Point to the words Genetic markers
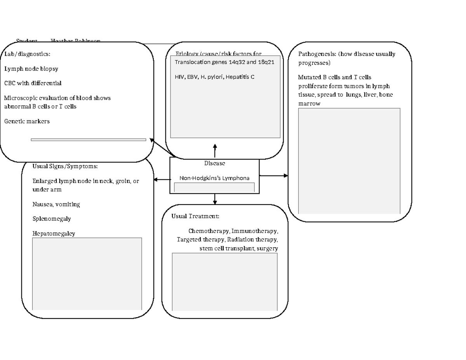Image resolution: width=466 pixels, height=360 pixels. (x=27, y=121)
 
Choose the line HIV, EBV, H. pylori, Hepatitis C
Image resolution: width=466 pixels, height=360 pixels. (x=215, y=77)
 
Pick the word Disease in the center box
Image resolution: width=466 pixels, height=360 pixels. (x=214, y=163)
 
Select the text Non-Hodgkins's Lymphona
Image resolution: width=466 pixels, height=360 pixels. (x=214, y=178)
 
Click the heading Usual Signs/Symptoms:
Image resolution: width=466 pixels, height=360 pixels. (x=65, y=166)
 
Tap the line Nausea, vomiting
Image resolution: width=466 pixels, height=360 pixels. (x=56, y=204)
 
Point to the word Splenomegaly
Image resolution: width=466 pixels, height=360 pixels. (x=52, y=218)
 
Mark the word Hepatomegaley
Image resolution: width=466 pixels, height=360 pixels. (x=54, y=233)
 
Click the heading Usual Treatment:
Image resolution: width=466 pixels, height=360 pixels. (x=195, y=216)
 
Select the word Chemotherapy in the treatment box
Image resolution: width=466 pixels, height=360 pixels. (x=209, y=231)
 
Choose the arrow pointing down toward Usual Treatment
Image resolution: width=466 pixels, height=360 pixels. (x=215, y=199)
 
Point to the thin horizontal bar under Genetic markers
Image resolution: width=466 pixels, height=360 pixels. (x=89, y=139)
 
